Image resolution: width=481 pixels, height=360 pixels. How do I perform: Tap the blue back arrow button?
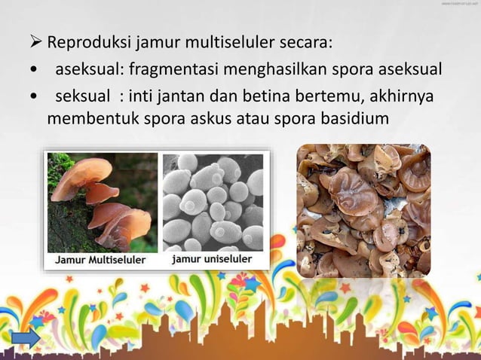pos(26,340)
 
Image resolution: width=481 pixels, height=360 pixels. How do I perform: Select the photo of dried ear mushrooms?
pos(363,210)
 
